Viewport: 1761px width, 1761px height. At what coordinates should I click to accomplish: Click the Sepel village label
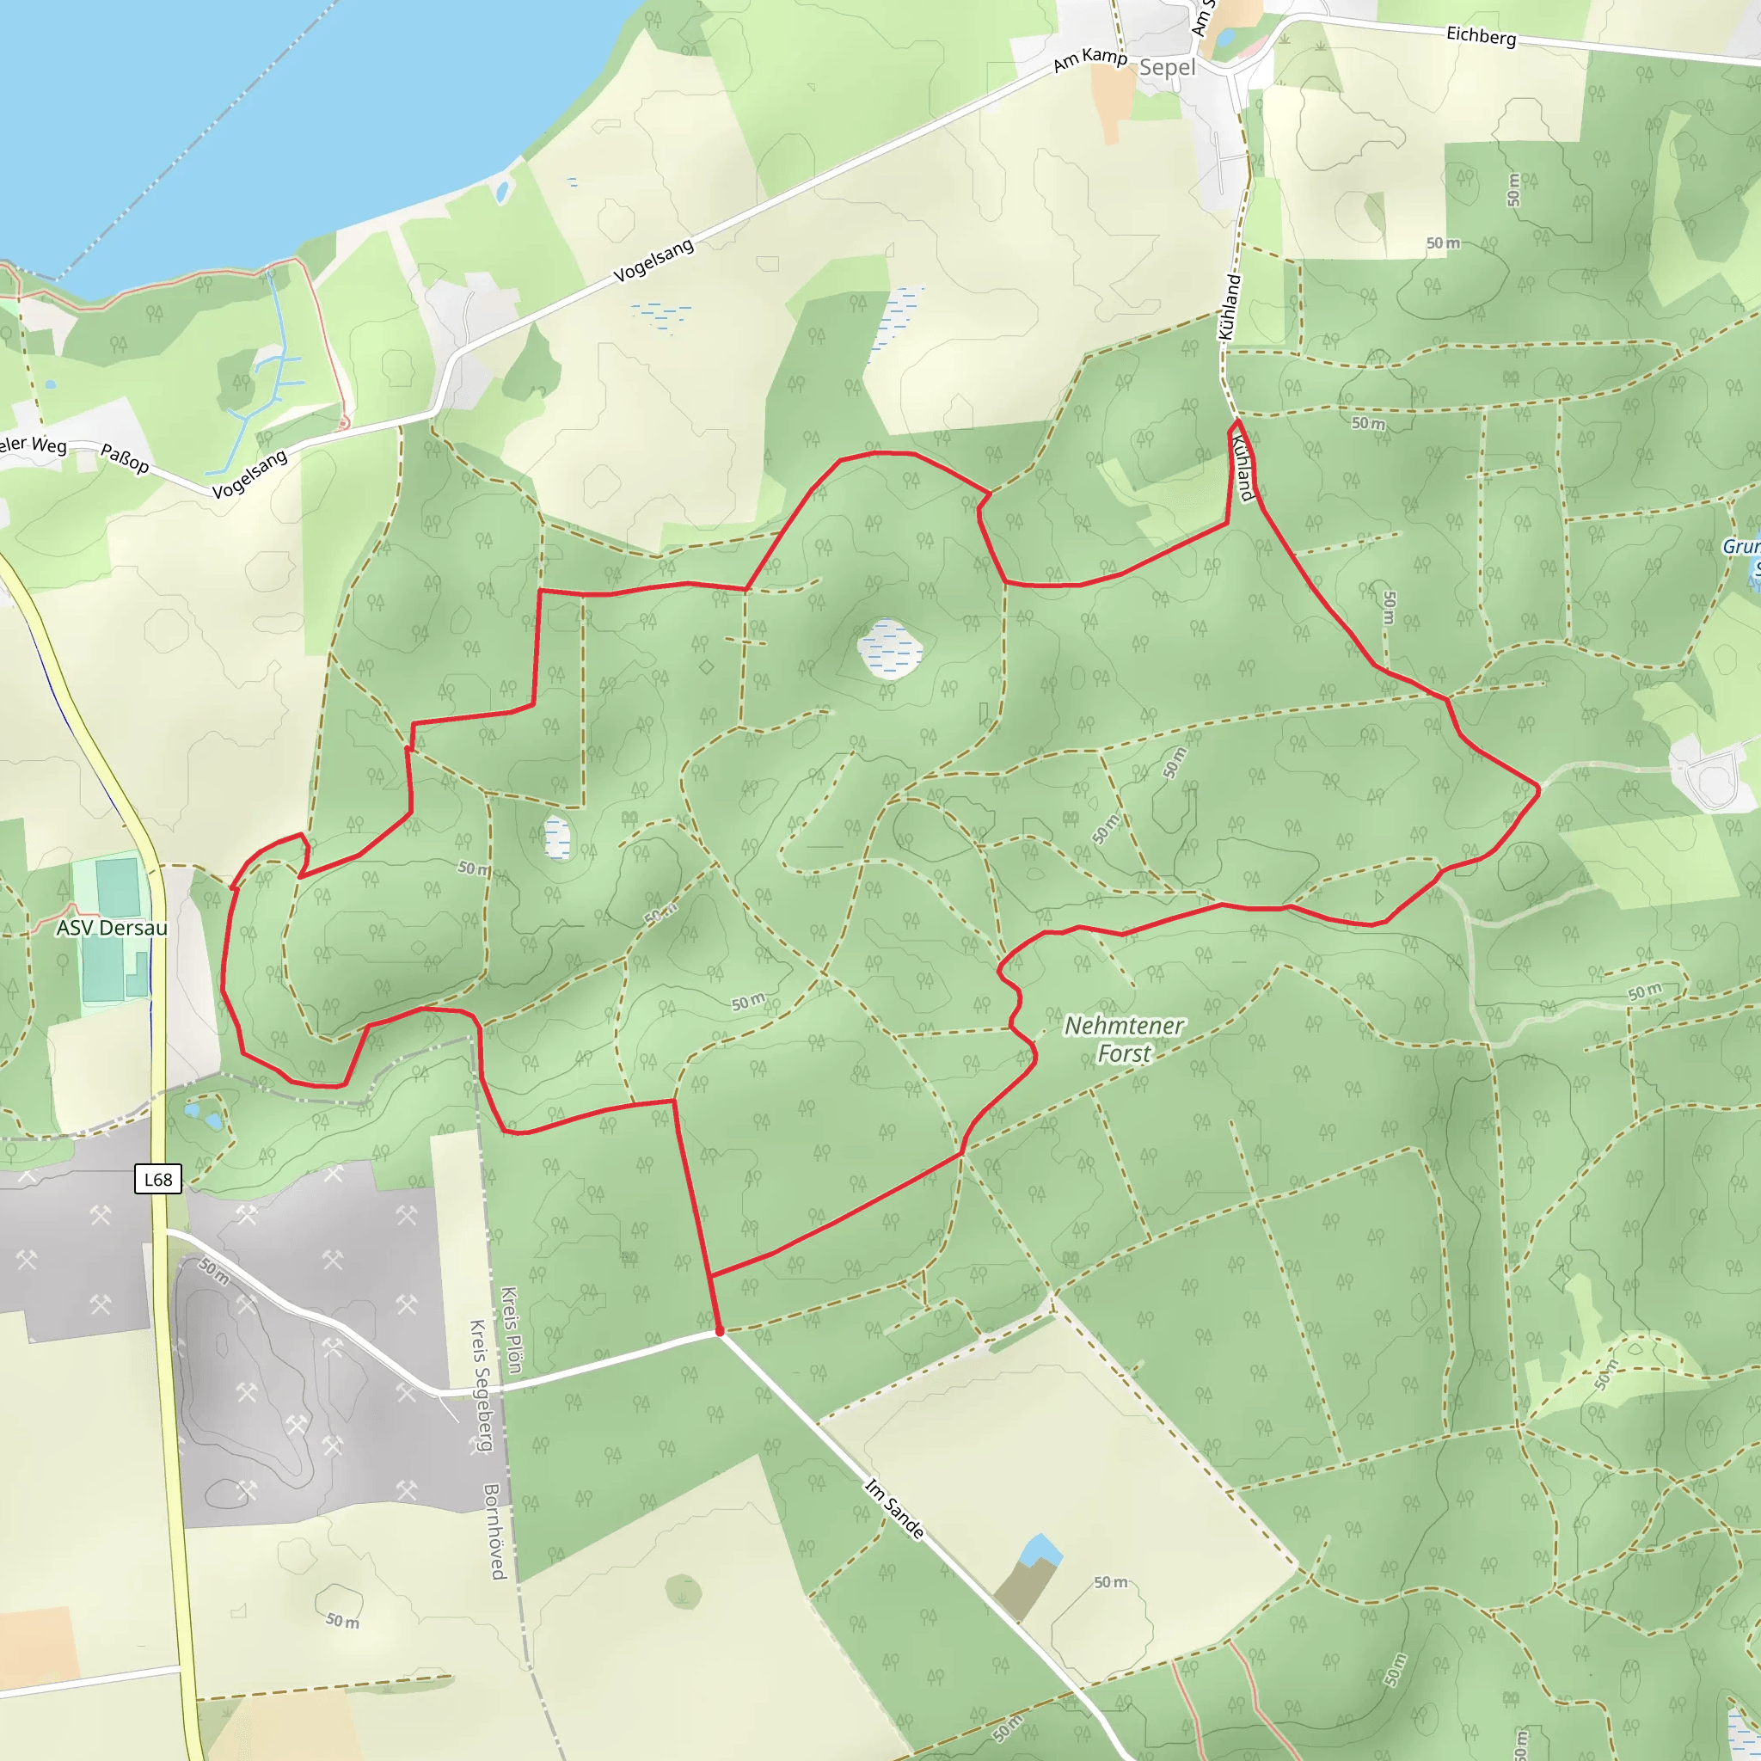[x=1167, y=67]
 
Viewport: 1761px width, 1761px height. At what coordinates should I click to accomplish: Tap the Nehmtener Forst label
[x=1124, y=1039]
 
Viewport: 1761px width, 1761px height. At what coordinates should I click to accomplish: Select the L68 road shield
[x=157, y=1179]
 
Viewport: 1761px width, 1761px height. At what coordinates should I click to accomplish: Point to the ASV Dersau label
[x=112, y=928]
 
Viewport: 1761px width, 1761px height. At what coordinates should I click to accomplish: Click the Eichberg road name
[x=1482, y=35]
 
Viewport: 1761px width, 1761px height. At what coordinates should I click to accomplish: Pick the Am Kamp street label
[x=1090, y=59]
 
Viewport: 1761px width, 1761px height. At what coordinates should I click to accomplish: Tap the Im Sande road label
[x=894, y=1509]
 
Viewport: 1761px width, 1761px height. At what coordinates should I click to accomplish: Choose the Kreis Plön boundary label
[x=512, y=1330]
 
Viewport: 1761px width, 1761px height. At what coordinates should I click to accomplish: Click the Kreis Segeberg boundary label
[x=481, y=1385]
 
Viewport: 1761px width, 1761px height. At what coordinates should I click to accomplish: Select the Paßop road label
[x=125, y=457]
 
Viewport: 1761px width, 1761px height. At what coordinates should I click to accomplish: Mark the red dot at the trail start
[x=720, y=1332]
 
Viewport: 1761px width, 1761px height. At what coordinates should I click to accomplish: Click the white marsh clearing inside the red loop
[x=889, y=649]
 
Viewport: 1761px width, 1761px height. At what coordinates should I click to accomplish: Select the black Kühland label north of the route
[x=1230, y=307]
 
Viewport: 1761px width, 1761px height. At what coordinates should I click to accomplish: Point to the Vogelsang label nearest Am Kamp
[x=653, y=260]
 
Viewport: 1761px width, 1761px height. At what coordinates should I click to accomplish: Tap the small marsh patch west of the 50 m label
[x=557, y=838]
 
